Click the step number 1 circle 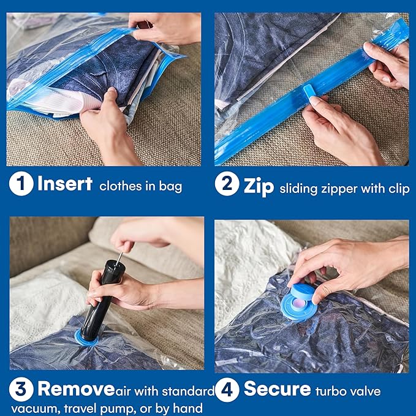[x=21, y=184]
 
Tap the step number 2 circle [x=227, y=184]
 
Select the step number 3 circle [x=21, y=390]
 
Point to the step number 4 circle [x=227, y=390]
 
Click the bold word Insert [x=64, y=184]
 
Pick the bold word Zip [x=258, y=184]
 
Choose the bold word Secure [x=277, y=390]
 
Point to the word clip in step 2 [x=398, y=188]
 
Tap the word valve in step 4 [x=366, y=391]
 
